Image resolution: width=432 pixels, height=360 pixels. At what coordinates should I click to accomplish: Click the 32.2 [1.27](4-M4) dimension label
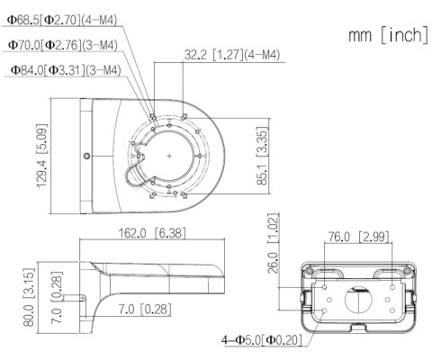coord(232,55)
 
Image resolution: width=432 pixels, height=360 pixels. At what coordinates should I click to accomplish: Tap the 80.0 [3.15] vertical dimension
coord(28,297)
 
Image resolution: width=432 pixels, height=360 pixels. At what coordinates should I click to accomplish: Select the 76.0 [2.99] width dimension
coord(357,237)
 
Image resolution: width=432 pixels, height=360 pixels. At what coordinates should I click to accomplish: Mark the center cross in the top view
coord(168,155)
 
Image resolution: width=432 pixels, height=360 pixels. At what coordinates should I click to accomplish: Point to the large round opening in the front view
coord(357,301)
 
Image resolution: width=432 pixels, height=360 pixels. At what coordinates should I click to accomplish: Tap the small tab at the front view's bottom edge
coord(357,327)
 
